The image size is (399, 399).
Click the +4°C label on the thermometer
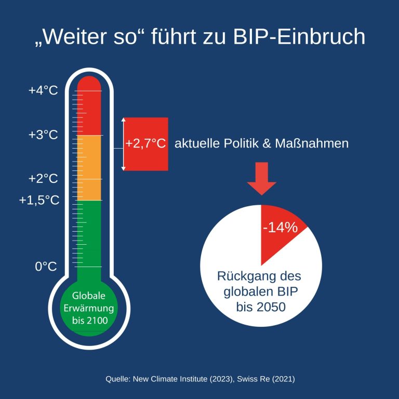tap(43, 90)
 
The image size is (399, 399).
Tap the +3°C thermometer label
tap(43, 135)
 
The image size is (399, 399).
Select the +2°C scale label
tap(43, 179)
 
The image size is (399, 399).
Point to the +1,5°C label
tap(39, 200)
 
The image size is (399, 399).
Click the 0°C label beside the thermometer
tap(46, 267)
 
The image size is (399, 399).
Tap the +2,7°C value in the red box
tap(145, 144)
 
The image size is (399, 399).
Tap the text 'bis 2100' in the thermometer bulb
tap(90, 321)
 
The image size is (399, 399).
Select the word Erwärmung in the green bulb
tap(90, 308)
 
